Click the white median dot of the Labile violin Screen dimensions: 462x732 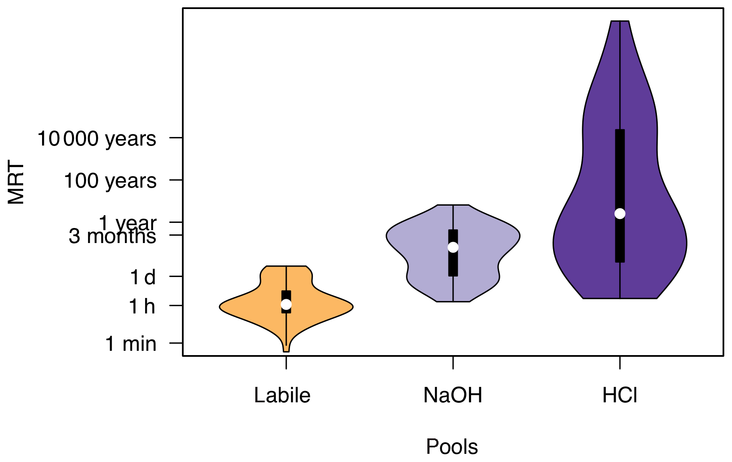click(x=286, y=304)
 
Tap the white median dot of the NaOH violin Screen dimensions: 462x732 click(x=453, y=247)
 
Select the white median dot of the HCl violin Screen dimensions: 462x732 click(x=620, y=213)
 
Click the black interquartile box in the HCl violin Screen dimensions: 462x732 click(x=620, y=172)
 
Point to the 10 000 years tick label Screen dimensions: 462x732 click(x=97, y=139)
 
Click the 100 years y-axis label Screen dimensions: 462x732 click(x=110, y=181)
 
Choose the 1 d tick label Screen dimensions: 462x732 click(x=143, y=277)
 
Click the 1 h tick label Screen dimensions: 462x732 click(x=142, y=307)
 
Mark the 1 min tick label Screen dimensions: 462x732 click(x=131, y=344)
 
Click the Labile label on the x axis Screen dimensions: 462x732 click(x=282, y=395)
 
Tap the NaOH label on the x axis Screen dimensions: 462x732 click(x=453, y=395)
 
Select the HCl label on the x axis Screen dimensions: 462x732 click(x=620, y=395)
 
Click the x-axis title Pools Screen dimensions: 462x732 click(x=452, y=447)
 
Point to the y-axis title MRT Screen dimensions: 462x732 click(x=16, y=182)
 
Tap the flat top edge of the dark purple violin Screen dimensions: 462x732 click(x=620, y=21)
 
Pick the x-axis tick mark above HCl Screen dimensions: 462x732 click(x=620, y=362)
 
